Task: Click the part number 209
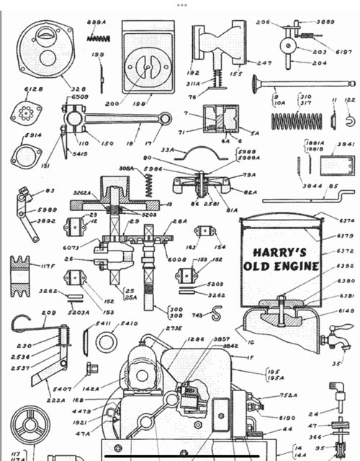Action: click(48, 313)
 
